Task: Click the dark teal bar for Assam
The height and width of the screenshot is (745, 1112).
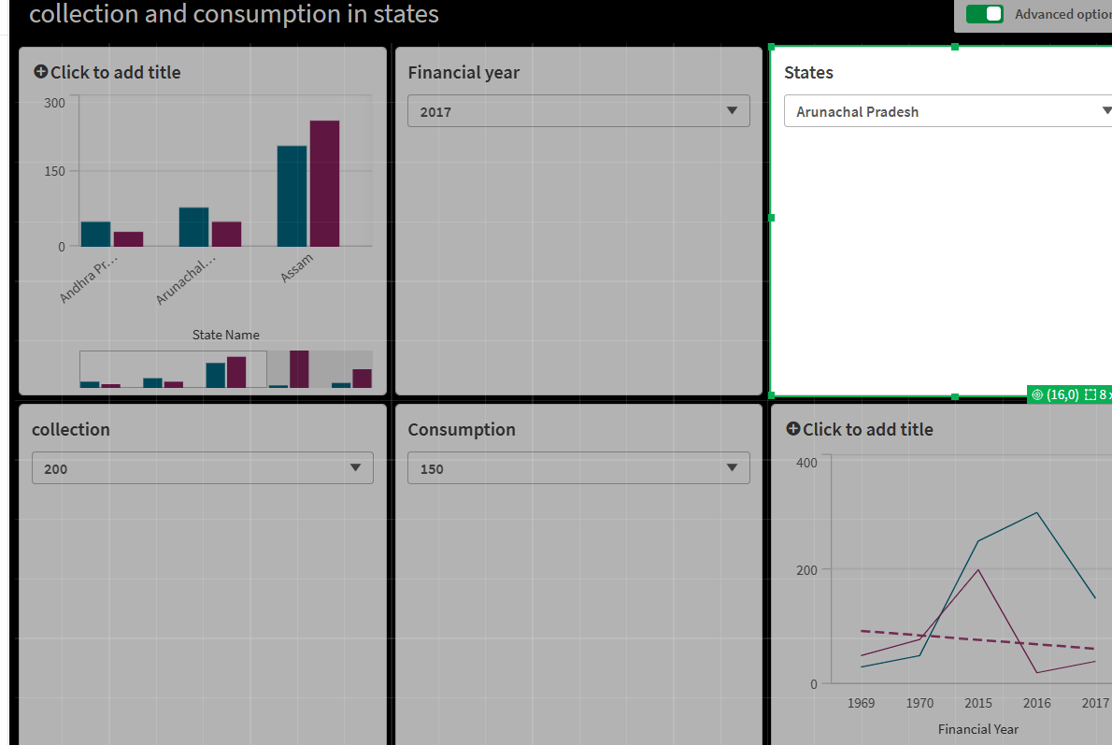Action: coord(292,196)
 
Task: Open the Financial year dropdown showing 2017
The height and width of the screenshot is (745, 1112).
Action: coord(578,111)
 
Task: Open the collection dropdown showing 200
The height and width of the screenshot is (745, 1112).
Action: coord(202,468)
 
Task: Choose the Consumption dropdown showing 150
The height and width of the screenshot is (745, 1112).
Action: coord(578,468)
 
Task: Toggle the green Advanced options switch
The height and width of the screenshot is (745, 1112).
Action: coord(984,14)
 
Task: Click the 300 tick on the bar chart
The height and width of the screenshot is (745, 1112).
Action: coord(55,102)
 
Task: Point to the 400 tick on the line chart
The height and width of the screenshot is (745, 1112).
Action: coord(806,463)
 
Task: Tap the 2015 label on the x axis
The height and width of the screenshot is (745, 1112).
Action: coord(978,703)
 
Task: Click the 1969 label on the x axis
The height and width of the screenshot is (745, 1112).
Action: coord(861,703)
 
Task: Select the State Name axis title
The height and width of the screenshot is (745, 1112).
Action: coord(225,335)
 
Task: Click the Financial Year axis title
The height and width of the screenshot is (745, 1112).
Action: coord(978,729)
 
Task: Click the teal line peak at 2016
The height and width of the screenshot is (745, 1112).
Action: coord(1036,512)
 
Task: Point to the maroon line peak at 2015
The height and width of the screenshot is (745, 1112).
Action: coord(977,569)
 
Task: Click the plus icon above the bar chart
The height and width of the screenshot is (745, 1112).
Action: coord(40,72)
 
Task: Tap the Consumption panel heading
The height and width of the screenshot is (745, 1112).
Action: coord(462,430)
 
